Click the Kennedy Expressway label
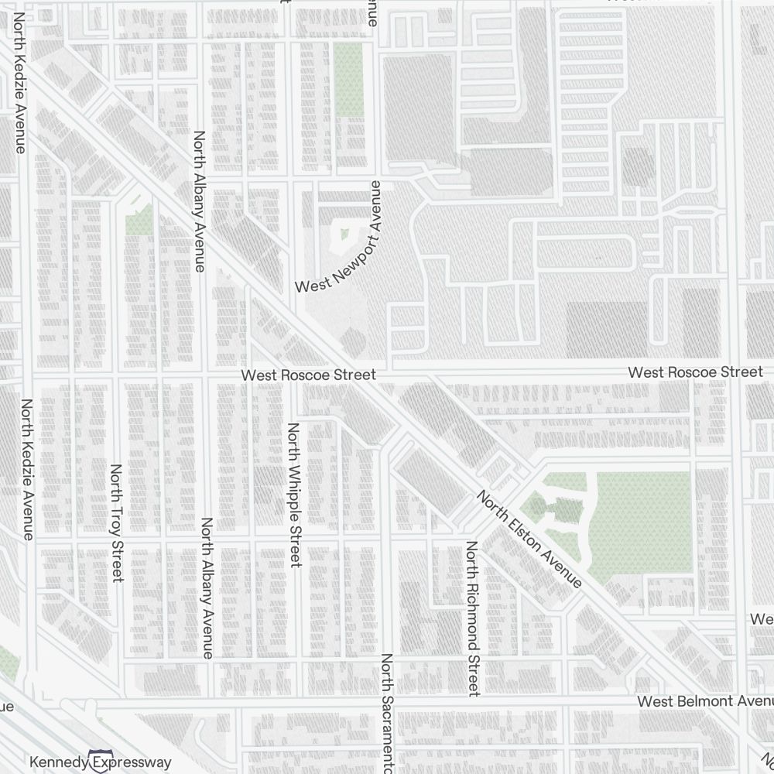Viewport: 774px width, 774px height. (x=101, y=762)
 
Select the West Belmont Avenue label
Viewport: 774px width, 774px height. (x=704, y=701)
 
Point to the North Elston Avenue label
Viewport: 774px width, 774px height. (x=529, y=539)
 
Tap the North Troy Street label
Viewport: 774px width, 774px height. (x=117, y=523)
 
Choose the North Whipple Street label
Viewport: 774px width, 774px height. (x=293, y=495)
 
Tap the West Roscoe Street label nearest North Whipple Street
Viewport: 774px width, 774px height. (x=308, y=375)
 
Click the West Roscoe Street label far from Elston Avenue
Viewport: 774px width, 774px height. (x=695, y=372)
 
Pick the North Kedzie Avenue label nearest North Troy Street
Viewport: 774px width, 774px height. (x=27, y=469)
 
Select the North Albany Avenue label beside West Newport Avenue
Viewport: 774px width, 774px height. (x=200, y=201)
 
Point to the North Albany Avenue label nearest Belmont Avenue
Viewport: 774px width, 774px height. (x=207, y=588)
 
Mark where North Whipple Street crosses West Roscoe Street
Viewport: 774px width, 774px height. (x=292, y=375)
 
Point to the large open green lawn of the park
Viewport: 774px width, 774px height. (x=639, y=519)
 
